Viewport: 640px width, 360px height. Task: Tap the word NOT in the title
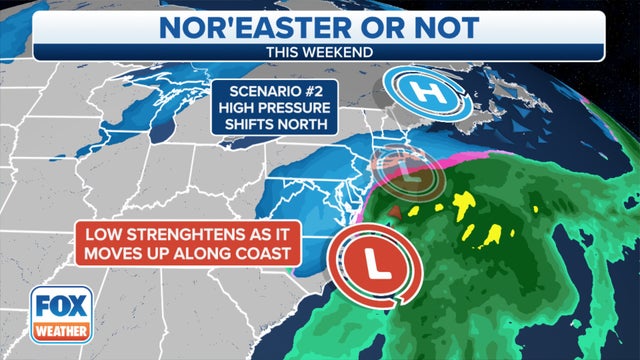pos(419,26)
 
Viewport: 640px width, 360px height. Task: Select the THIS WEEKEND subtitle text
pos(320,50)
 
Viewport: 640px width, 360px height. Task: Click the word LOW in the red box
pos(102,235)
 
